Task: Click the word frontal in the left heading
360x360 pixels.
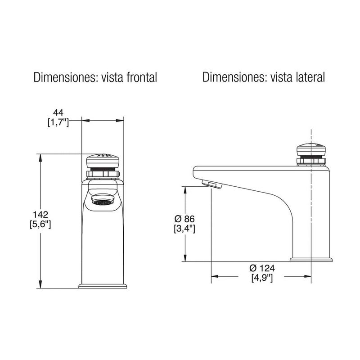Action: (x=142, y=77)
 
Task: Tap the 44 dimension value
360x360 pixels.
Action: (x=58, y=112)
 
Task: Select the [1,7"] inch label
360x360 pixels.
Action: (x=58, y=122)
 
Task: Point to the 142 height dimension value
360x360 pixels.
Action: (x=40, y=215)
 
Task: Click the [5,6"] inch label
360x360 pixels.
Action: (x=40, y=224)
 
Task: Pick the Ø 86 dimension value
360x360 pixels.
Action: (x=184, y=219)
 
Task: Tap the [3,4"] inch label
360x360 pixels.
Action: (x=184, y=229)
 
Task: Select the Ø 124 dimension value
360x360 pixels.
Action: (x=262, y=268)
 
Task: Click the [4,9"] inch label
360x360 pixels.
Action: (x=262, y=278)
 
